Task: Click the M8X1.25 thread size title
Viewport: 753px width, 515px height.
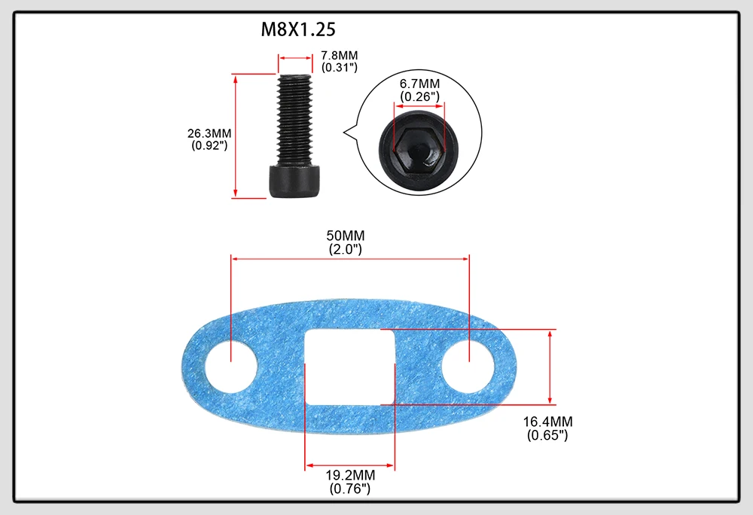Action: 297,29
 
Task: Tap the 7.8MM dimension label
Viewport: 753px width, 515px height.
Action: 339,55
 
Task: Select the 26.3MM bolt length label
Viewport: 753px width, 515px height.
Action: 209,133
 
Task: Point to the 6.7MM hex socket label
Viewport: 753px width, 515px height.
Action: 419,84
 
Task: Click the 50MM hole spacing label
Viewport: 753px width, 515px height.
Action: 346,236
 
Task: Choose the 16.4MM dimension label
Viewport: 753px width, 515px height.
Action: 547,422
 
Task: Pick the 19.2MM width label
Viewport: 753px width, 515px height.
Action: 350,475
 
